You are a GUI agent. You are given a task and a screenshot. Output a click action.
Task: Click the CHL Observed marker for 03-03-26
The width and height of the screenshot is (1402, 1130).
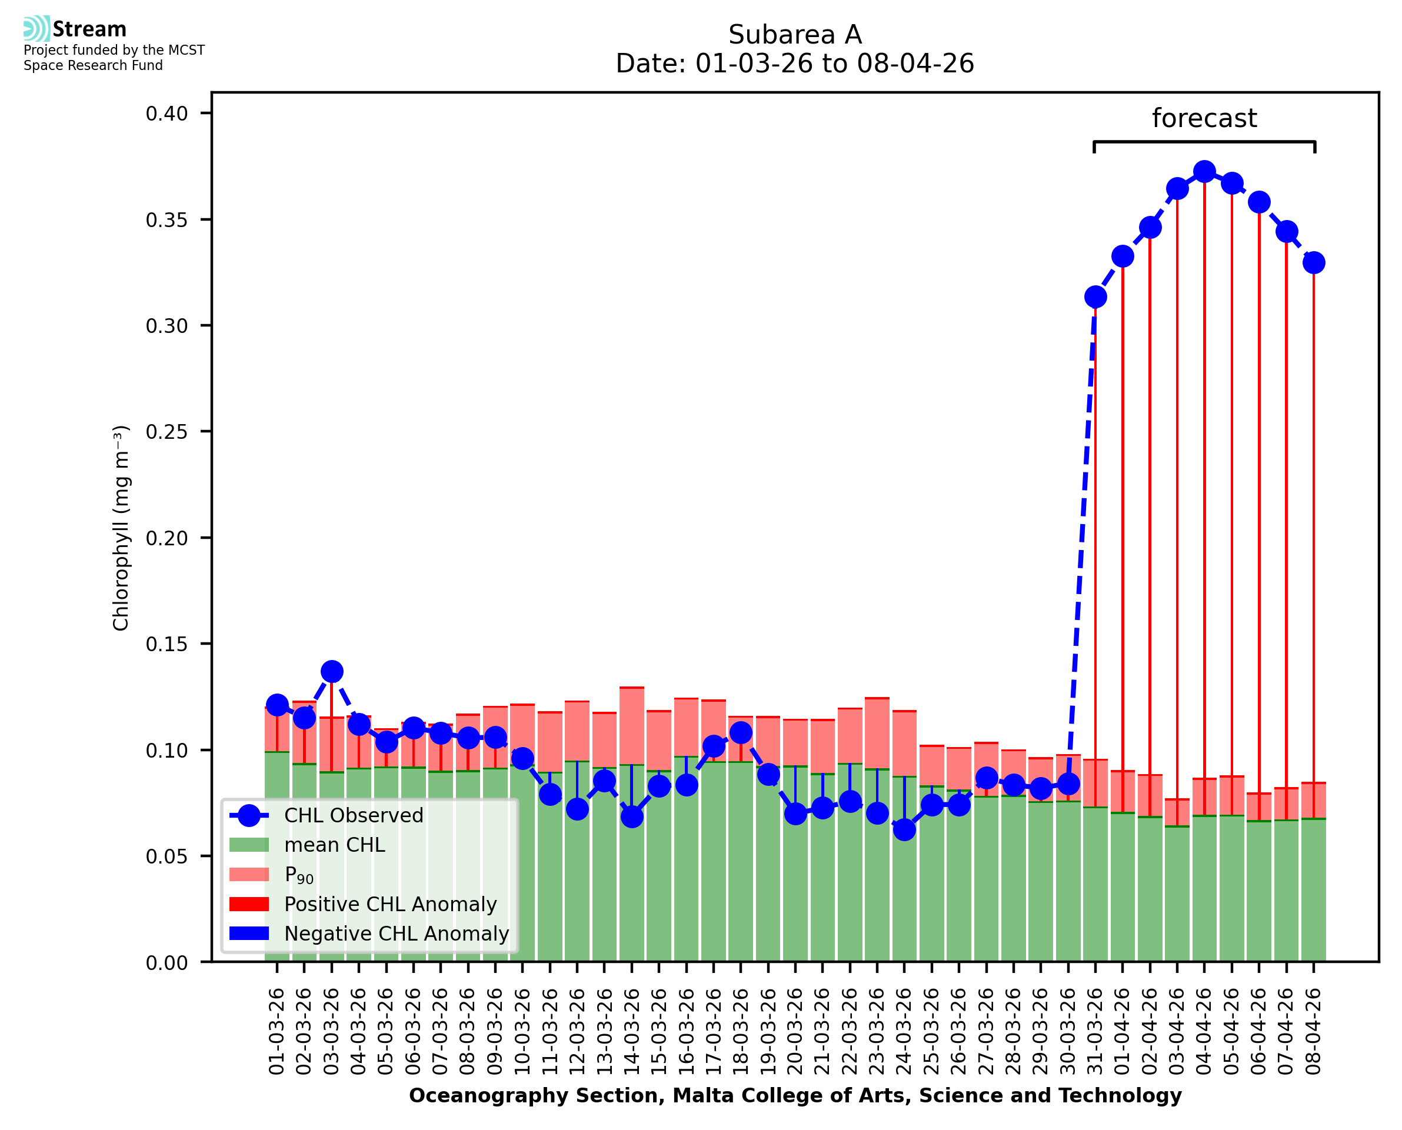point(332,671)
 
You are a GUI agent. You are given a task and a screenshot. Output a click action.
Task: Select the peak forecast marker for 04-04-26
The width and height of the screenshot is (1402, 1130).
point(1204,172)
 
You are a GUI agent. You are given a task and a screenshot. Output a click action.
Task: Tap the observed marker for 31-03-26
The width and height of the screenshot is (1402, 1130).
point(1095,297)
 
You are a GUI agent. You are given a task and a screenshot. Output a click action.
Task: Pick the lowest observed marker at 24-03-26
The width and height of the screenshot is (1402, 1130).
point(904,829)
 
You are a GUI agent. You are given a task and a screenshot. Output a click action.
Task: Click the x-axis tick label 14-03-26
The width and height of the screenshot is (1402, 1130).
point(631,1032)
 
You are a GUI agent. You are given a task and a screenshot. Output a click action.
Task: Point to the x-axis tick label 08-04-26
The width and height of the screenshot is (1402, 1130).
point(1314,1032)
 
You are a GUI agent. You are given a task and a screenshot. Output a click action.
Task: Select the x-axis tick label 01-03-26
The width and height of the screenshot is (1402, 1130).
point(277,1032)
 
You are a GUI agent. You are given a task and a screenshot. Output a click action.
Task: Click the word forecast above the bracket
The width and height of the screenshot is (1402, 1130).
point(1204,118)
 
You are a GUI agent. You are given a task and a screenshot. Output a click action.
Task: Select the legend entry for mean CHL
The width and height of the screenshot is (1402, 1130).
point(335,845)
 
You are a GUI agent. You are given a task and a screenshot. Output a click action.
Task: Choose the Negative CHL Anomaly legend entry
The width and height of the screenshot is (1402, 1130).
point(397,934)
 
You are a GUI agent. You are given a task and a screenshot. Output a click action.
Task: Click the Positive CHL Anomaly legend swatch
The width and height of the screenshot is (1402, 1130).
point(249,904)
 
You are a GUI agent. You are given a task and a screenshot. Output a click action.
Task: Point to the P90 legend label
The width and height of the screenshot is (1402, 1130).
point(299,875)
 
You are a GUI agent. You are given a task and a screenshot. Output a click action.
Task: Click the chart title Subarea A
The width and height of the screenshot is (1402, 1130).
point(795,35)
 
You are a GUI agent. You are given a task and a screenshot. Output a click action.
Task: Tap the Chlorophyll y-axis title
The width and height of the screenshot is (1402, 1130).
point(121,528)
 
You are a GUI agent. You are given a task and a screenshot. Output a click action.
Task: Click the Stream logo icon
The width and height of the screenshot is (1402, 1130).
point(36,29)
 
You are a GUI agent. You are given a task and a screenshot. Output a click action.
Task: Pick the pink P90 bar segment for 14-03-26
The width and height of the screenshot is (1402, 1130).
point(631,725)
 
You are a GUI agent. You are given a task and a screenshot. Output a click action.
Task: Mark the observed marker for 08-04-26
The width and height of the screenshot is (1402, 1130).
point(1314,263)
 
